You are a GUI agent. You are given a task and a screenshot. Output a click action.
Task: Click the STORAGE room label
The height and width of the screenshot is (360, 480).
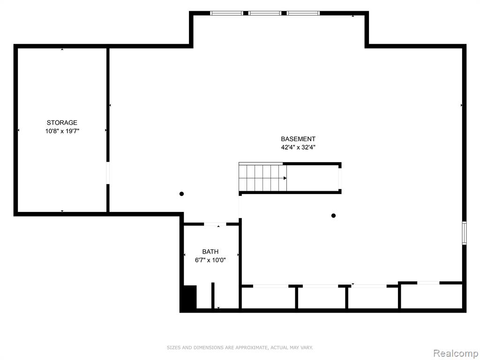pos(62,123)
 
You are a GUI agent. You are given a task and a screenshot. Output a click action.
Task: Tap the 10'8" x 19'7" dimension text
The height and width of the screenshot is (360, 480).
pos(62,131)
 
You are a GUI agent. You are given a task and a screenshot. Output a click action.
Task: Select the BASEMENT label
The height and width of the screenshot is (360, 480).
pos(298,139)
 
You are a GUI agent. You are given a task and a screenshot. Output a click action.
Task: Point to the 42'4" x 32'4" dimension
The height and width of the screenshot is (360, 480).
pos(298,147)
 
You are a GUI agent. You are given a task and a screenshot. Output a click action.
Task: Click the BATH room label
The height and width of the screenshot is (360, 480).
pos(210,252)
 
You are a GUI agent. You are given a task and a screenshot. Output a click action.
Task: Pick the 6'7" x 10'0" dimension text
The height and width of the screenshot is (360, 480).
pos(210,260)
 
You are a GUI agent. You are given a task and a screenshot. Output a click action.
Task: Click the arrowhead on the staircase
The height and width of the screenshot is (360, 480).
pos(285,178)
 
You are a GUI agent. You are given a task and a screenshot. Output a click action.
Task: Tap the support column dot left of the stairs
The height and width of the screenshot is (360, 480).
pos(181,194)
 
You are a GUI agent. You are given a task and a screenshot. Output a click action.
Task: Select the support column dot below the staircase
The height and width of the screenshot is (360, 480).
pos(333,216)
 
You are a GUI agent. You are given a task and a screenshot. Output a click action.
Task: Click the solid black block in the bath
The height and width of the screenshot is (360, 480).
pos(190,297)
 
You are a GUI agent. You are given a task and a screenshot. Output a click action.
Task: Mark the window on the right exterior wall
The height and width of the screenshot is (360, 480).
pos(464,233)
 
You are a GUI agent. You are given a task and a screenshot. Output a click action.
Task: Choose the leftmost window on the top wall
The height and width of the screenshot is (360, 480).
pos(226,13)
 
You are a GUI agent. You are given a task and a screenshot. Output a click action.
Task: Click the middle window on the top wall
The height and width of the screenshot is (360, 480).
pos(265,13)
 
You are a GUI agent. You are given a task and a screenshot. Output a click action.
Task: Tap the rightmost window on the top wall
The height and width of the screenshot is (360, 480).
pos(303,13)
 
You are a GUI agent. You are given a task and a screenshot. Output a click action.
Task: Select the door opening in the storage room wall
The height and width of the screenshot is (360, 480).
pos(108,173)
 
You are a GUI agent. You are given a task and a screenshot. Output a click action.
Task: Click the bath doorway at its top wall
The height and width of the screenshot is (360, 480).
pos(215,225)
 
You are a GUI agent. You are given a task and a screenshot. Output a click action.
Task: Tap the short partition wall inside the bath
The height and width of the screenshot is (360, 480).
pos(213,295)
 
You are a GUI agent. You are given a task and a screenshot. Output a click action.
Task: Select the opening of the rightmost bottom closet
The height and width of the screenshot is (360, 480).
pos(428,283)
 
